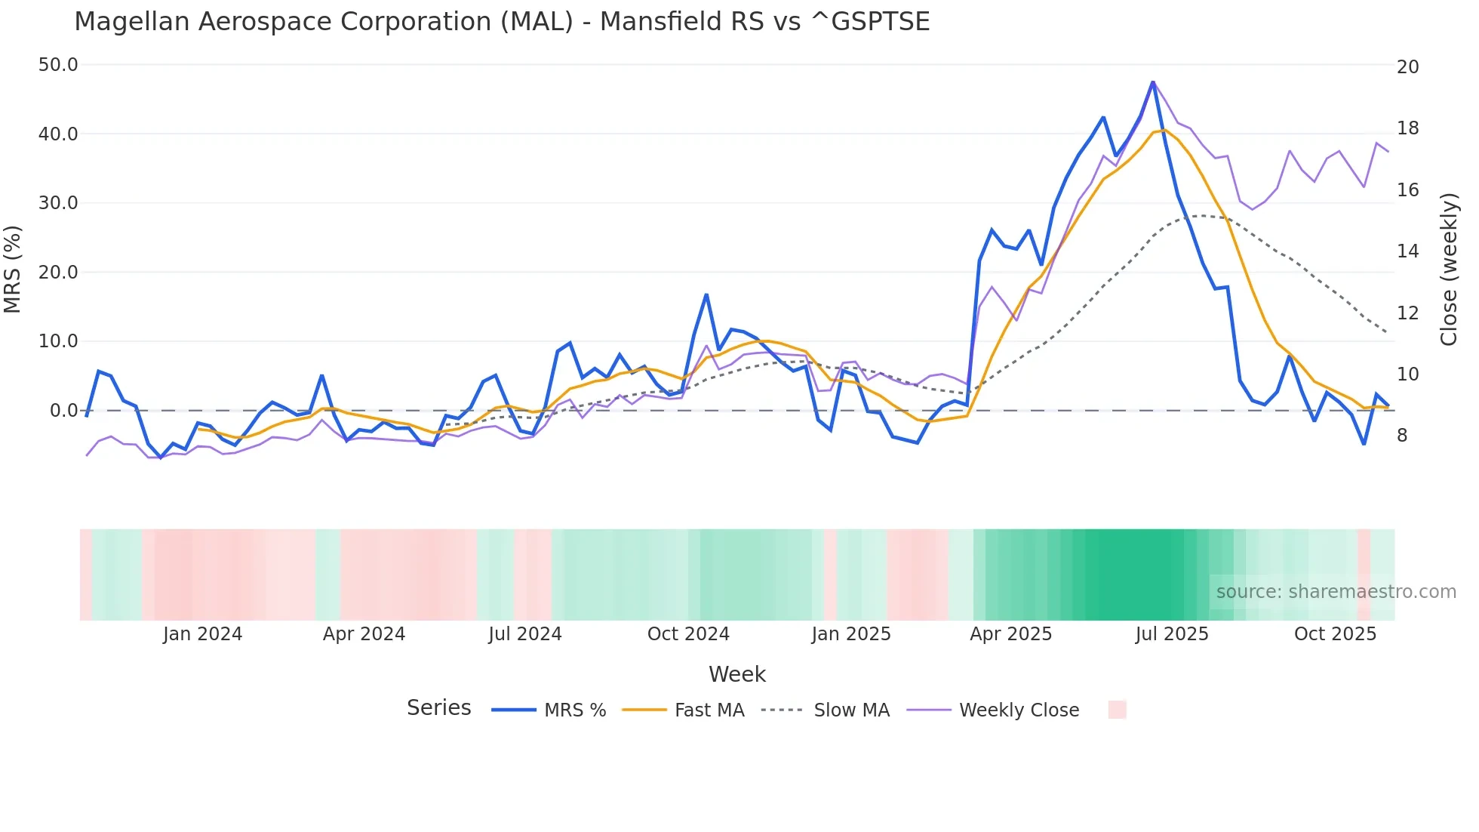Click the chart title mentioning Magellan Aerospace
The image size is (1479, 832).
click(x=502, y=22)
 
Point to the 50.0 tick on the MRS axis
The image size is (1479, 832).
click(x=58, y=65)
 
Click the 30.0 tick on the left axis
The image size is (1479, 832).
click(x=58, y=203)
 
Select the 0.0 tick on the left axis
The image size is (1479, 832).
click(x=63, y=411)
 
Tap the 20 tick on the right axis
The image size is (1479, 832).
click(x=1407, y=67)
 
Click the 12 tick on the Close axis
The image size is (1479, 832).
click(x=1407, y=313)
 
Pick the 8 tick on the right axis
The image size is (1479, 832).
click(x=1402, y=436)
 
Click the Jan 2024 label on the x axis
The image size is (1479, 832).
click(x=202, y=634)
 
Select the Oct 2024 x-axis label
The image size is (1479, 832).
click(x=688, y=634)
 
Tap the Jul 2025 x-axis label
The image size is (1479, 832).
click(x=1172, y=634)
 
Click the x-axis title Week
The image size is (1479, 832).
click(x=736, y=674)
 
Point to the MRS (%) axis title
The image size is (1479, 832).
click(x=12, y=269)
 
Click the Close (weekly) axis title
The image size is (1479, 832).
click(x=1448, y=269)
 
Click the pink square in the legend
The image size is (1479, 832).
click(x=1117, y=710)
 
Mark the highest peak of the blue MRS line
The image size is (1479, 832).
click(x=1153, y=82)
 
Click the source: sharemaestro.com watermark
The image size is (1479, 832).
click(x=1336, y=592)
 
